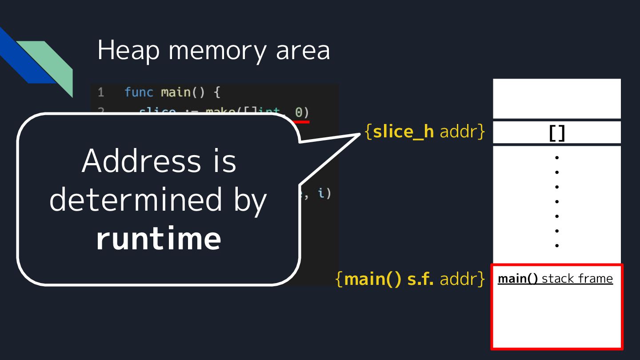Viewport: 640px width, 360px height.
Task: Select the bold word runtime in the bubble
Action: click(159, 238)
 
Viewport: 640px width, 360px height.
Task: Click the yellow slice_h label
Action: click(403, 132)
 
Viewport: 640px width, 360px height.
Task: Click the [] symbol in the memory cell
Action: click(556, 132)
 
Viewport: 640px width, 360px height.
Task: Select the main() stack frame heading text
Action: click(555, 279)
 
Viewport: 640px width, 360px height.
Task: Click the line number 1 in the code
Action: click(101, 92)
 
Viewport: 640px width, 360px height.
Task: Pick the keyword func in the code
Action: click(139, 92)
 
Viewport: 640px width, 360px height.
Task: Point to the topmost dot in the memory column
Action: click(556, 157)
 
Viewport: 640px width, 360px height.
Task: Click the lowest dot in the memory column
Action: click(556, 245)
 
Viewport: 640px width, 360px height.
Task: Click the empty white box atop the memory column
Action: click(556, 98)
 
